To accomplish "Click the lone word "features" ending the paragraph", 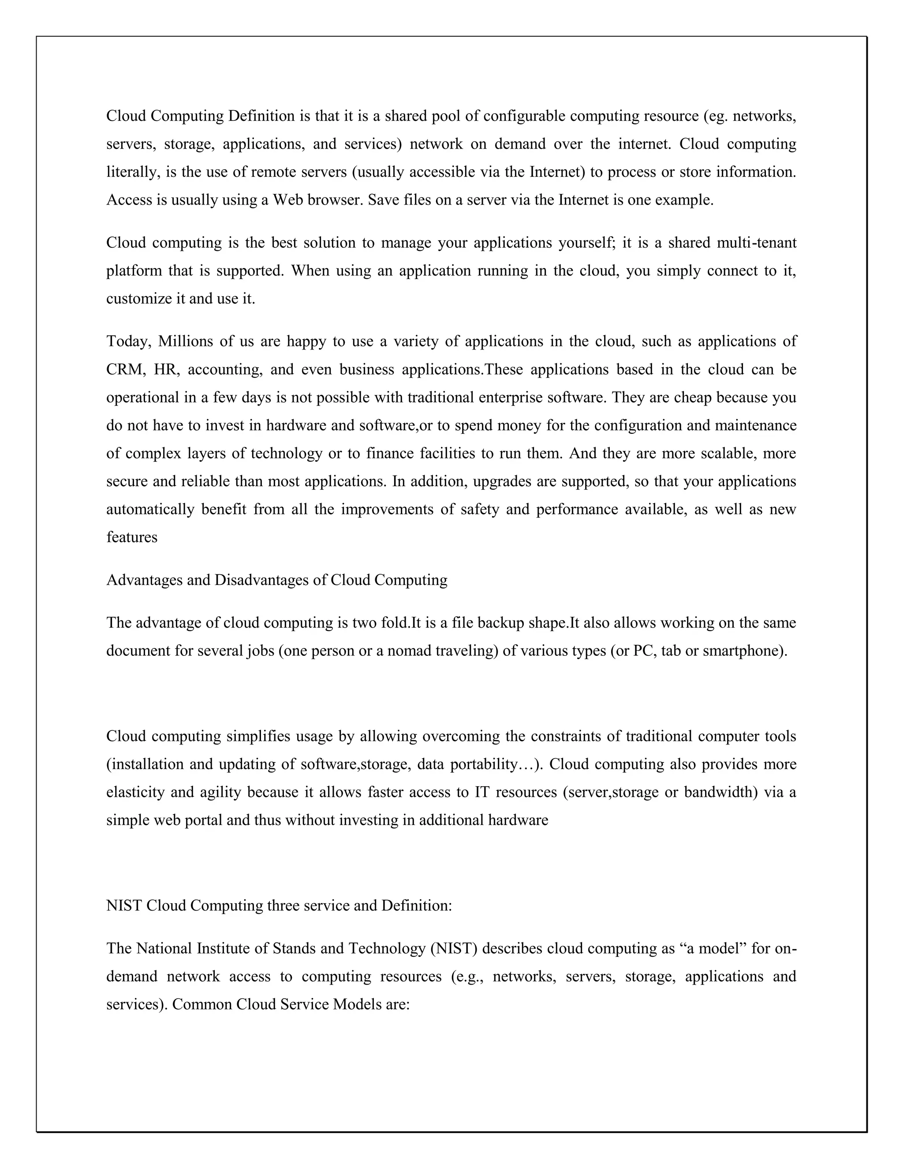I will (131, 537).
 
